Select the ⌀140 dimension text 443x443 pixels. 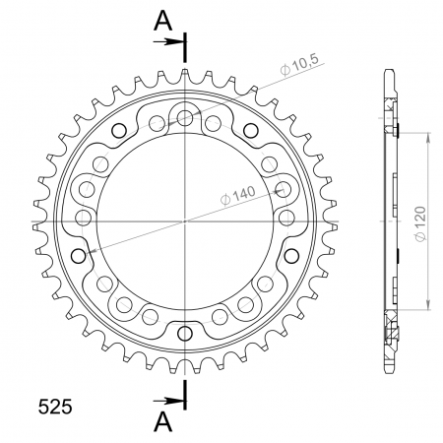(x=237, y=196)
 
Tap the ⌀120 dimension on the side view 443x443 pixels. (x=420, y=224)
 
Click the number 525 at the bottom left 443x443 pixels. (x=55, y=407)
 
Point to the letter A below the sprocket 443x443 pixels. (x=163, y=422)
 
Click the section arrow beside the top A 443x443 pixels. (x=168, y=41)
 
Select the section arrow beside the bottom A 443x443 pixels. (x=168, y=401)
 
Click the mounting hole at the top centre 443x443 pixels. (x=185, y=117)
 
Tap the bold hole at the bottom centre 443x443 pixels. (x=185, y=334)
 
